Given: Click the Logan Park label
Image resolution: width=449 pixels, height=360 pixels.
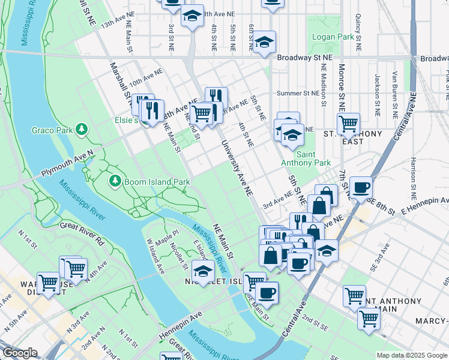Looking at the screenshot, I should (333, 37).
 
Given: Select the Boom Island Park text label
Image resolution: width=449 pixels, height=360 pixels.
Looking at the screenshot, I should (157, 181).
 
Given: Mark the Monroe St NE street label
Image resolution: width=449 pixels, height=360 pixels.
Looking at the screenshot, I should (341, 85).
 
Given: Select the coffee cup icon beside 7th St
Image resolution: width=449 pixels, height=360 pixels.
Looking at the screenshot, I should (361, 187).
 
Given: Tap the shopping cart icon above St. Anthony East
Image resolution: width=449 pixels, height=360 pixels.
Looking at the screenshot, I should (348, 124).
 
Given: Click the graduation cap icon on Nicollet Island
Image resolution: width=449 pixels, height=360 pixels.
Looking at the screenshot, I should (203, 272).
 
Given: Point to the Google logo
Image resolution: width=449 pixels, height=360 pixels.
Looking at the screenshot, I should (20, 353).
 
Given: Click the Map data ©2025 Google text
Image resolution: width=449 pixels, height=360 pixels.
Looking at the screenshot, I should (411, 355).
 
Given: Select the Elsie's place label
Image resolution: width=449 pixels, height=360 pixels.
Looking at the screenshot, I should (127, 120).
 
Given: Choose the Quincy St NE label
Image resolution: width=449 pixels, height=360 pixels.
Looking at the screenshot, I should (358, 32).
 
